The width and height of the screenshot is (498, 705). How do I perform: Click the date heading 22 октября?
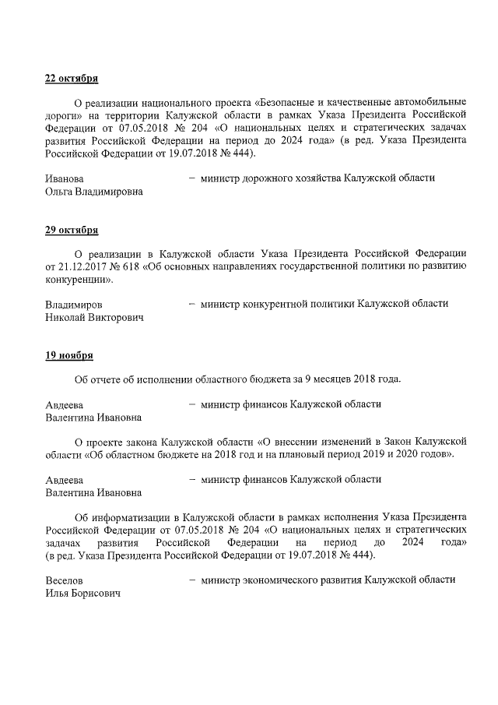pyautogui.click(x=72, y=79)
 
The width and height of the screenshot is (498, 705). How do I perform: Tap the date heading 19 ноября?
pyautogui.click(x=69, y=355)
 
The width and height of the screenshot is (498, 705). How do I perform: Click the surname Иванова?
pyautogui.click(x=65, y=178)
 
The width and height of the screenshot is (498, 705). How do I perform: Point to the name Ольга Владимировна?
pyautogui.click(x=94, y=192)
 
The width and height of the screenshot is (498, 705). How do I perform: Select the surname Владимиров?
pyautogui.click(x=73, y=304)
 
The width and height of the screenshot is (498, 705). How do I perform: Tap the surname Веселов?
pyautogui.click(x=65, y=580)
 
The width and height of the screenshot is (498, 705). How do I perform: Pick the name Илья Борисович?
pyautogui.click(x=82, y=594)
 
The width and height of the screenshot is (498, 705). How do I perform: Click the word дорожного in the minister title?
pyautogui.click(x=262, y=178)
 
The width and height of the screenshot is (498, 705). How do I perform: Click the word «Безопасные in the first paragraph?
pyautogui.click(x=289, y=103)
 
